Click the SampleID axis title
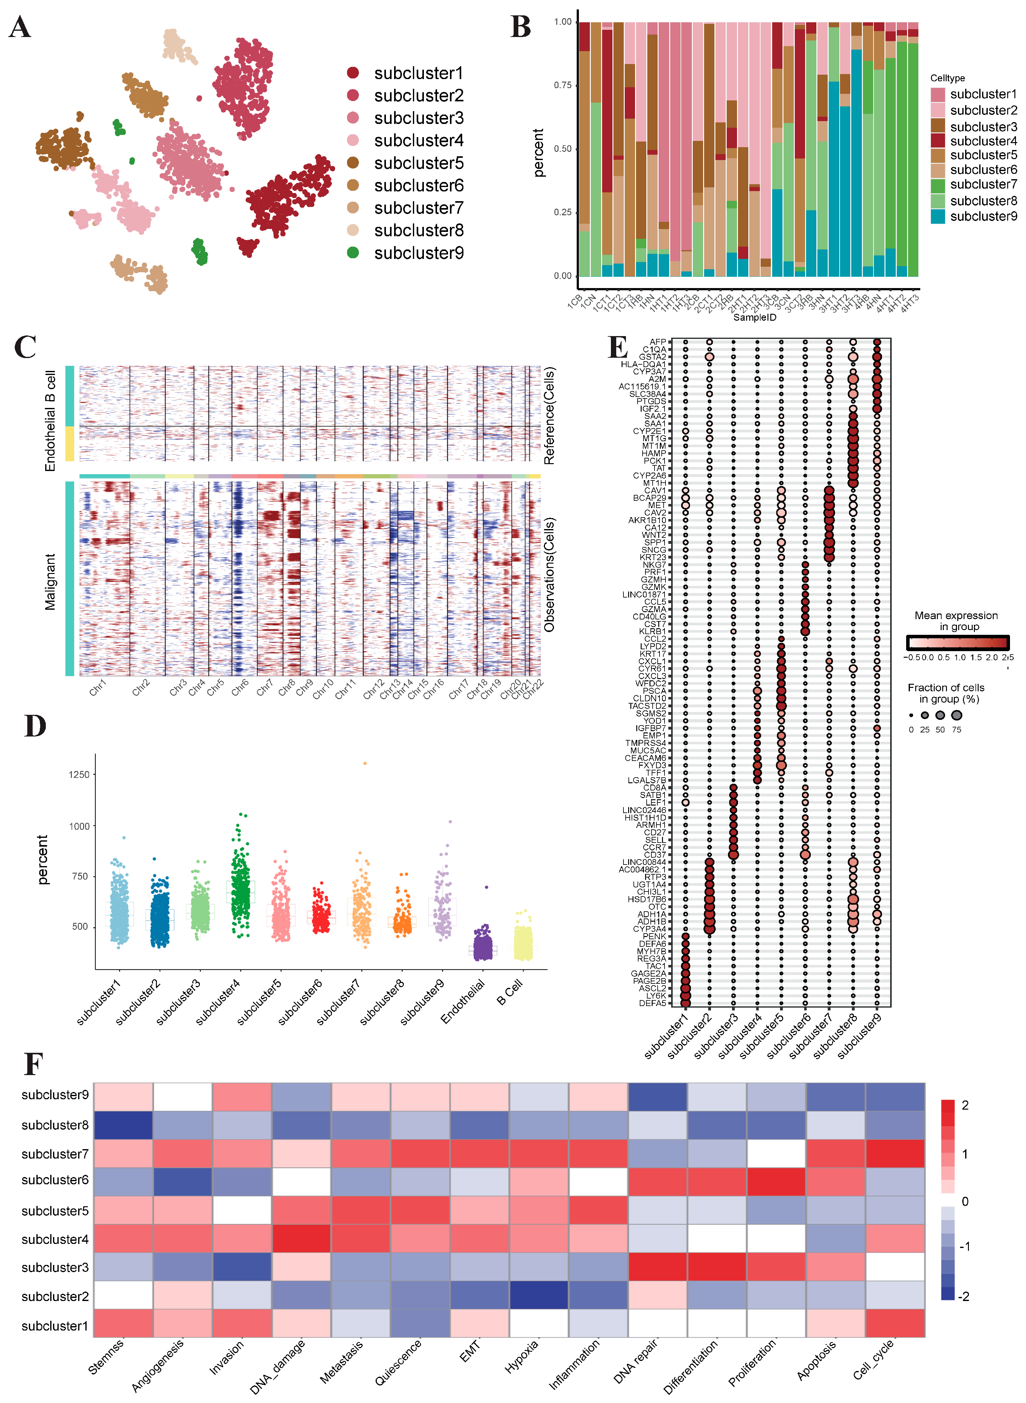pos(755,317)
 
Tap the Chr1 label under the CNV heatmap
pos(98,688)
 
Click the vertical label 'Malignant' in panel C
pos(50,582)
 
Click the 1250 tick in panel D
pos(79,774)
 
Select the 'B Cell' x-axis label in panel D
pos(510,991)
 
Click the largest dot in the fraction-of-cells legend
pos(956,715)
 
